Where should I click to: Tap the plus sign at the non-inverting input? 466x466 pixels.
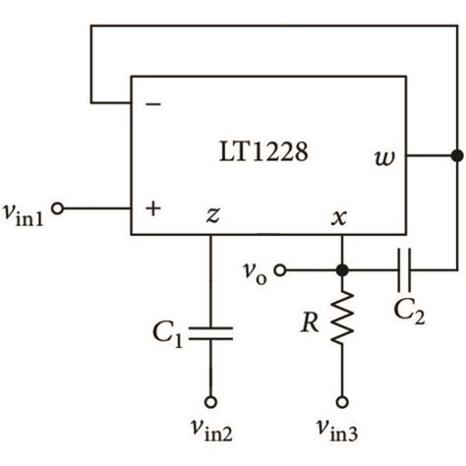coord(152,209)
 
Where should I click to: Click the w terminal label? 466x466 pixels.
coord(383,156)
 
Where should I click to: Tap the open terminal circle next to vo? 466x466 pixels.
coord(280,268)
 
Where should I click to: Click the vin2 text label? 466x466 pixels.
coord(211,429)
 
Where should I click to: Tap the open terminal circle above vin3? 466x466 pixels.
coord(342,401)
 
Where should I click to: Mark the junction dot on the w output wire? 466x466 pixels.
coord(454,155)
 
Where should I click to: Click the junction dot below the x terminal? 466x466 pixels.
coord(342,268)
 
